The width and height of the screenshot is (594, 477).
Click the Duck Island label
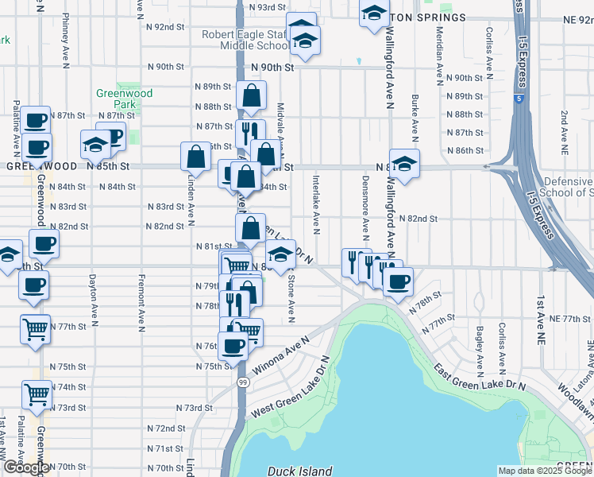point(299,471)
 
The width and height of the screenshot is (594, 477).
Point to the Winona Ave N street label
point(280,355)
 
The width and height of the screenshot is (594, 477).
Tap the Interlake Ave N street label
point(316,204)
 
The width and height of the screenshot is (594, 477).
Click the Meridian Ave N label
point(438,54)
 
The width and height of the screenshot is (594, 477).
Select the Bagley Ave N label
point(480,350)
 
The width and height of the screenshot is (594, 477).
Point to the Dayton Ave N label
point(93,293)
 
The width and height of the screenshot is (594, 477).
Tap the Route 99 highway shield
point(239,382)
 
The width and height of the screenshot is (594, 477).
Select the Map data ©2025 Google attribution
point(545,471)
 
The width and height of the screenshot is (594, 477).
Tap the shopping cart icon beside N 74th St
point(37,392)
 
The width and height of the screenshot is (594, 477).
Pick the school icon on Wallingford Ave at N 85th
point(404,163)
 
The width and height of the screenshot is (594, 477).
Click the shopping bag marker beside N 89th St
point(251,96)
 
